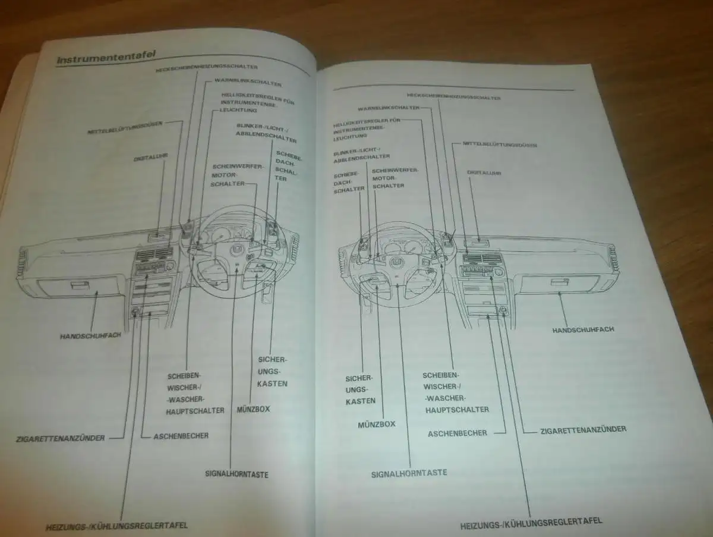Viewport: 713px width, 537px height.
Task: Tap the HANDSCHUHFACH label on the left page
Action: [x=91, y=335]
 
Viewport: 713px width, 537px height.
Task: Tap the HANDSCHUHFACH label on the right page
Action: [x=575, y=329]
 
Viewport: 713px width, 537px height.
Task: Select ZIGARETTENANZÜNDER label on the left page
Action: [x=61, y=438]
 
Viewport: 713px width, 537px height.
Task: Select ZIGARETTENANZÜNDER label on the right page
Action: [x=583, y=429]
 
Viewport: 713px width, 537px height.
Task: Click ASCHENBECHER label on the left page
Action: [x=181, y=436]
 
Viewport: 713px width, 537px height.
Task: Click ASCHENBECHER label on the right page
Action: [x=458, y=434]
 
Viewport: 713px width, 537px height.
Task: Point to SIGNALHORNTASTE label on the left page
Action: [x=236, y=475]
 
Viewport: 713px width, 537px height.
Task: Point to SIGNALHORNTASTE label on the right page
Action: [x=409, y=473]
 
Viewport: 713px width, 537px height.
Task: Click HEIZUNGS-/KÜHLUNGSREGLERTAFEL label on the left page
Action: [x=117, y=526]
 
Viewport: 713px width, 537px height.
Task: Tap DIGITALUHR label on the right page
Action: [x=484, y=173]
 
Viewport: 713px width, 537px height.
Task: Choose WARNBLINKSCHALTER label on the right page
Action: [x=388, y=108]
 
